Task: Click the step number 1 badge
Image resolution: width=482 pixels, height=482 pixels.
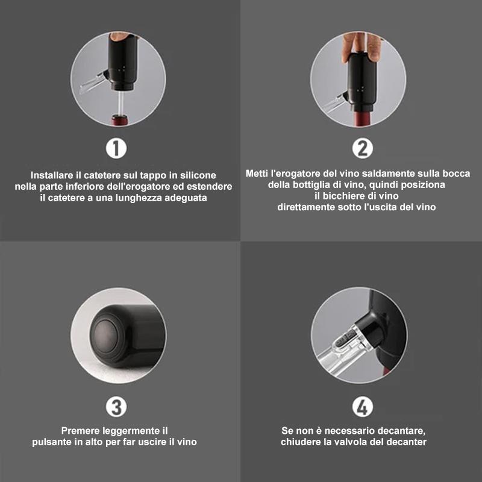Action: coord(116,148)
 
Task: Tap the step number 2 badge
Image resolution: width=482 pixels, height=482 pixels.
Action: coord(363,148)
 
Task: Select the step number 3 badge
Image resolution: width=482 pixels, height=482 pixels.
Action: coord(116,407)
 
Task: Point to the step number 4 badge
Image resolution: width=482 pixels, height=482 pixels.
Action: coord(363,407)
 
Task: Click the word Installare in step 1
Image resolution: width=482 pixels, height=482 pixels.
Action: coord(52,175)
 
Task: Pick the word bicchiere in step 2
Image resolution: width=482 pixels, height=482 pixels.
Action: coord(341,196)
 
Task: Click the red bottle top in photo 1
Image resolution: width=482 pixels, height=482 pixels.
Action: coord(119,120)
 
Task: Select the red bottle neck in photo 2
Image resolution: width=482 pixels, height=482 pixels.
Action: coord(363,119)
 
